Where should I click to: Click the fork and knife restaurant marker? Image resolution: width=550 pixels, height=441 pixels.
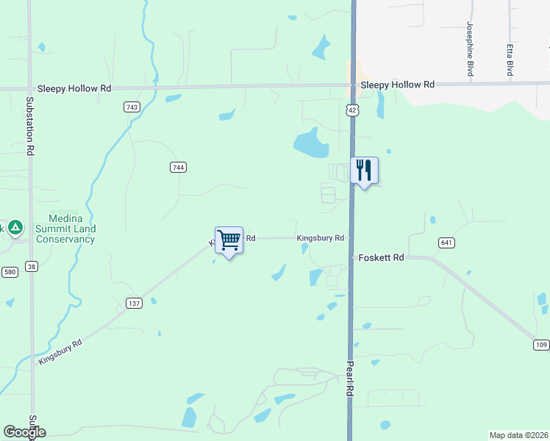364,171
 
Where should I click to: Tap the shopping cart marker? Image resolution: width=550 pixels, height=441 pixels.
229,240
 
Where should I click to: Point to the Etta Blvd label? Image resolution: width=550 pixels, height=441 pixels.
509,60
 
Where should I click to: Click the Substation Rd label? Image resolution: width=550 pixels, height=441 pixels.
30,126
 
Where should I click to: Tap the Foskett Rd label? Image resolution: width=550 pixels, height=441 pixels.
381,258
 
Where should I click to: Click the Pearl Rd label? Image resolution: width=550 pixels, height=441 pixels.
350,379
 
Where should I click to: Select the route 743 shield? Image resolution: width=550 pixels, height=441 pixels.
132,107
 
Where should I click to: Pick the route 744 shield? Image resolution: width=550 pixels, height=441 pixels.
177,168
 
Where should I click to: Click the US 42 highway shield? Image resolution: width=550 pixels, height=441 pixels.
353,110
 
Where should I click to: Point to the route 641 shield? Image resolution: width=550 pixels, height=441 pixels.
446,243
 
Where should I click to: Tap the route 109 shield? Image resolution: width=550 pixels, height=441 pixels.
541,345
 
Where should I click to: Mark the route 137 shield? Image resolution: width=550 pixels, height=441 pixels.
134,303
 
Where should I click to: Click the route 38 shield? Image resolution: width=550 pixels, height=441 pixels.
31,265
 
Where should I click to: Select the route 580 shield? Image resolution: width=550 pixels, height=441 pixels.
10,272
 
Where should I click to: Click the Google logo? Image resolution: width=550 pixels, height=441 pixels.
24,431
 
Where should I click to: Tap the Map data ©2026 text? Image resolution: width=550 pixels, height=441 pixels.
518,434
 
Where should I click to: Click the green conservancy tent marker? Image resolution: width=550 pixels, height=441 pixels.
15,228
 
